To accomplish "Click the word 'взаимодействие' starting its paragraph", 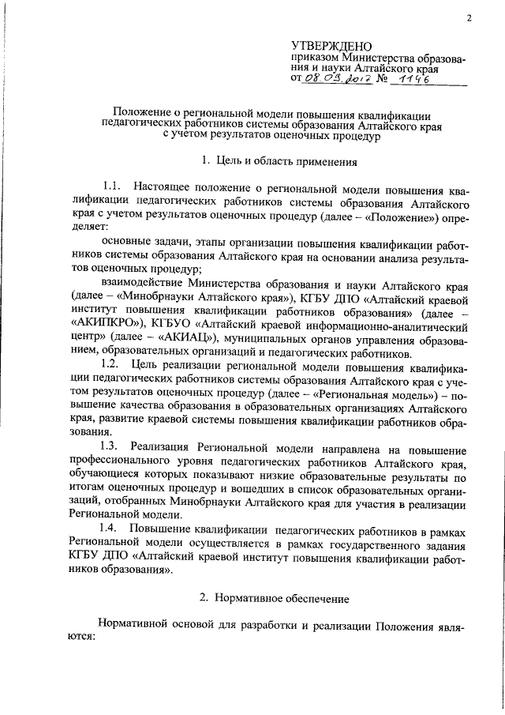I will (x=142, y=282).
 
